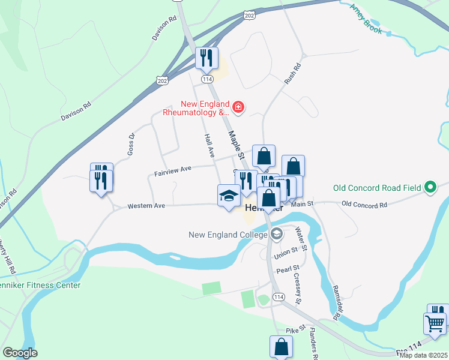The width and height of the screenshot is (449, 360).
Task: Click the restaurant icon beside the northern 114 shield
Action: click(206, 58)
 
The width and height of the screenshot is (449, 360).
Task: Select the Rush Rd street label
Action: click(291, 73)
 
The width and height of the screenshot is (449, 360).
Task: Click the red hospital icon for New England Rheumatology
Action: click(239, 107)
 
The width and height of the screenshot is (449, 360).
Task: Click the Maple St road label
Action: click(236, 146)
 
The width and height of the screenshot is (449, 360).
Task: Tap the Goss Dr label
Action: click(131, 145)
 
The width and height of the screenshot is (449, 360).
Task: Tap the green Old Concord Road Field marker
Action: click(430, 188)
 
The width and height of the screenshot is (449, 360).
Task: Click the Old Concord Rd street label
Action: click(364, 205)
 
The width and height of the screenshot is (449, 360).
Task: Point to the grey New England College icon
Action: click(276, 235)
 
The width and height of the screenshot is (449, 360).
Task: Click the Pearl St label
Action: click(288, 271)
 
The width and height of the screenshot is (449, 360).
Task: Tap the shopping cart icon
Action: click(435, 323)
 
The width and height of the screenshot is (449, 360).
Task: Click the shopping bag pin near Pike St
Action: click(282, 346)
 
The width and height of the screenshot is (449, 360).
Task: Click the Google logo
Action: click(20, 353)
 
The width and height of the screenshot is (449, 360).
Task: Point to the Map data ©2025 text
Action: click(423, 355)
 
